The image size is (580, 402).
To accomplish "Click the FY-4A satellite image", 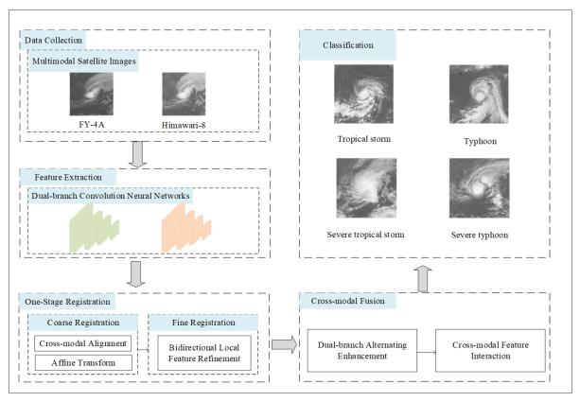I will (x=91, y=95).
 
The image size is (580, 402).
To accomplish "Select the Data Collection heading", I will (x=50, y=41).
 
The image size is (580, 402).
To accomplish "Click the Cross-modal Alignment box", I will (x=82, y=343).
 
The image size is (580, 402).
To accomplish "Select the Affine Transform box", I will (x=82, y=361).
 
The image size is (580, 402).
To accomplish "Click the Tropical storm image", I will (x=364, y=95).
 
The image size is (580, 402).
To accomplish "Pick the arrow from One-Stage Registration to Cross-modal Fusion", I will (x=282, y=343).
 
